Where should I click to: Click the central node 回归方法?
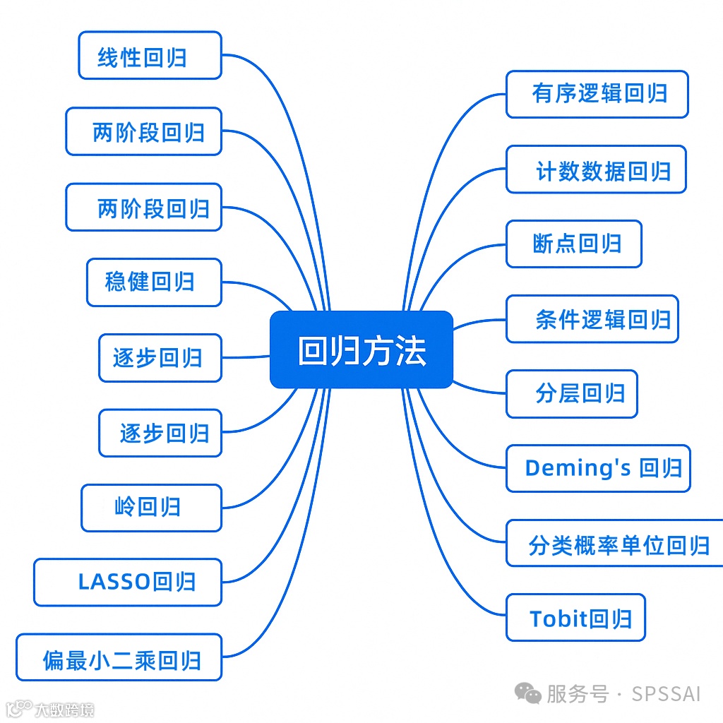[361, 349]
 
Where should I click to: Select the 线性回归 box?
[150, 55]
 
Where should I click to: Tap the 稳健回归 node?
[154, 282]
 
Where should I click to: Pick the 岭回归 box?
[151, 507]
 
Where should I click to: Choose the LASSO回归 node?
[128, 582]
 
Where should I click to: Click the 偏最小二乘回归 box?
[119, 657]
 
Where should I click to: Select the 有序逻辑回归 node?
[597, 94]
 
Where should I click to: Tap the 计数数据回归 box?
[596, 169]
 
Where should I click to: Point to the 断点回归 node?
[573, 244]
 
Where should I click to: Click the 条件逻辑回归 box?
[592, 319]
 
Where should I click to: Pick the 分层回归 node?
[571, 394]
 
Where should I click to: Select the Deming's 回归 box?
[597, 469]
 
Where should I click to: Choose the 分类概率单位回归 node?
[615, 544]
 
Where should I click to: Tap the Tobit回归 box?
[575, 618]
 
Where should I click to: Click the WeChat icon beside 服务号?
[527, 693]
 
